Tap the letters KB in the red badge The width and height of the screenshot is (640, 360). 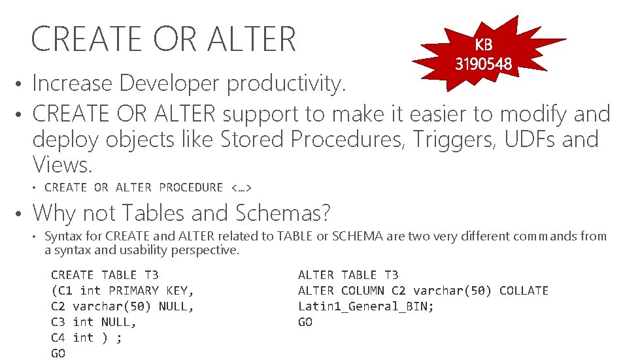pos(484,45)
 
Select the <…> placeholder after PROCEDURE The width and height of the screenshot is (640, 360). pos(242,188)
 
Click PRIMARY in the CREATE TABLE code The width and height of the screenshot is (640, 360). pos(133,291)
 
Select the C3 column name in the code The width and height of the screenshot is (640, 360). pos(58,322)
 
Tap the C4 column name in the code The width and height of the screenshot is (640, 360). pos(58,338)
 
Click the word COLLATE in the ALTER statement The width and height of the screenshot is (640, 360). pos(524,291)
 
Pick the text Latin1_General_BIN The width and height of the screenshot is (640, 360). pos(365,306)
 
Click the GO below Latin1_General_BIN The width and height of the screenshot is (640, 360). pos(305,322)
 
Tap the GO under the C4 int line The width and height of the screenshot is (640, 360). pos(58,353)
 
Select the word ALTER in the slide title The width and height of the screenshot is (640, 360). pos(252,39)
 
